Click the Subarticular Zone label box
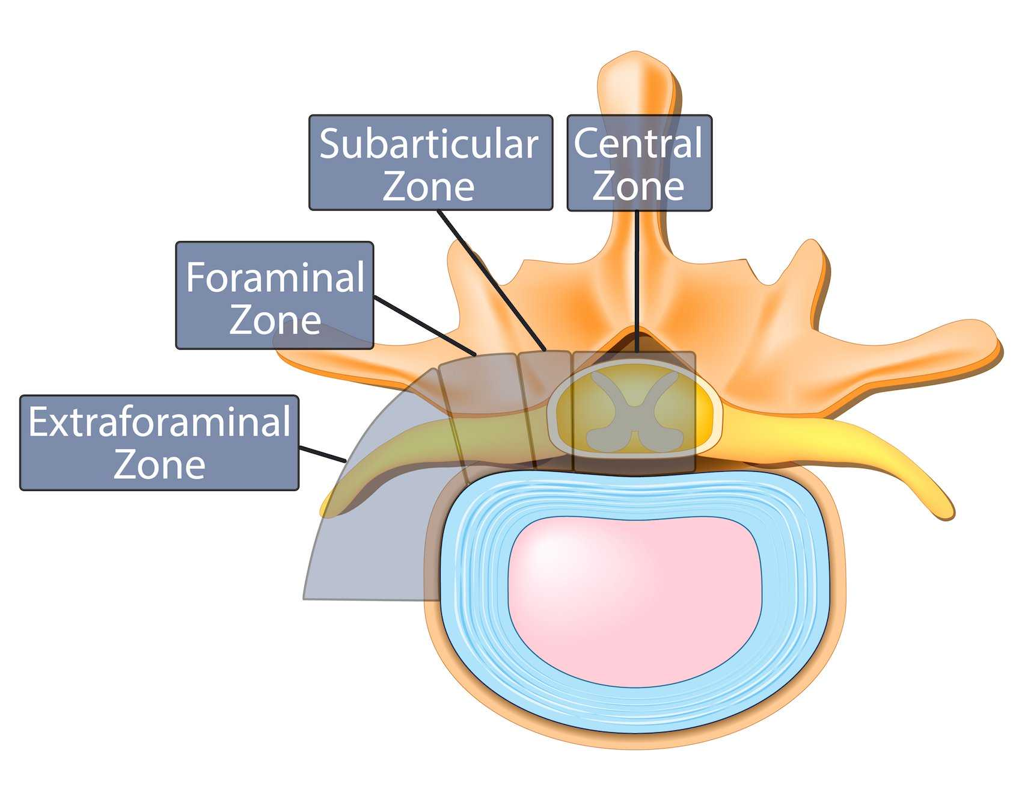(430, 162)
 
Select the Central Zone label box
(639, 162)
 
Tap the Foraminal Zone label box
(275, 295)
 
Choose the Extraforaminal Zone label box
(159, 442)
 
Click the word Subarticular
(428, 144)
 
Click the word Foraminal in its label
(275, 277)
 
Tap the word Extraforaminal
(159, 422)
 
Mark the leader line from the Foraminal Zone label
(424, 325)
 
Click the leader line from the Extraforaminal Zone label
(323, 454)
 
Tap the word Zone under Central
(638, 187)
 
